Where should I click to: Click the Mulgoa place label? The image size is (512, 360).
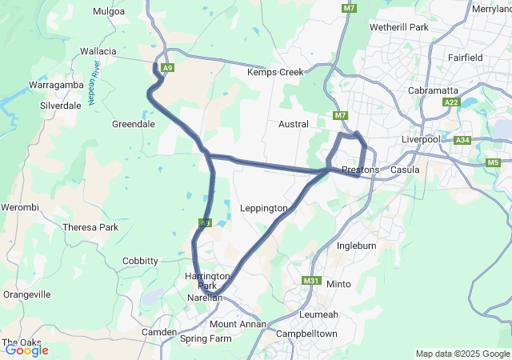[x=109, y=11]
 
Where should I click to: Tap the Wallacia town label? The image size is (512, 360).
[x=98, y=51]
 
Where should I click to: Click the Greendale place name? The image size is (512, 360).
[x=134, y=124]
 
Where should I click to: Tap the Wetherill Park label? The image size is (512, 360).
[x=399, y=27]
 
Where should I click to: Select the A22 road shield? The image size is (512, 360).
[x=451, y=102]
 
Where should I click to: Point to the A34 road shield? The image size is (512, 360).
[x=462, y=141]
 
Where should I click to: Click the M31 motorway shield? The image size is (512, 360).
[x=311, y=281]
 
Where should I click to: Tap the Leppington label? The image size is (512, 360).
[x=263, y=208]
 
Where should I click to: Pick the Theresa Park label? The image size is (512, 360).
[x=90, y=227]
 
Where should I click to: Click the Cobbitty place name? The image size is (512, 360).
[x=140, y=261]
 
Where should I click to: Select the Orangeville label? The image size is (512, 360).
[x=26, y=294]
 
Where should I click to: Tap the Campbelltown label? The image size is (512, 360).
[x=305, y=333]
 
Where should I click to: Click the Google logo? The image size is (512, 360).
[x=26, y=350]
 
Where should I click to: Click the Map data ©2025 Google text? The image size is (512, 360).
[x=462, y=354]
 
